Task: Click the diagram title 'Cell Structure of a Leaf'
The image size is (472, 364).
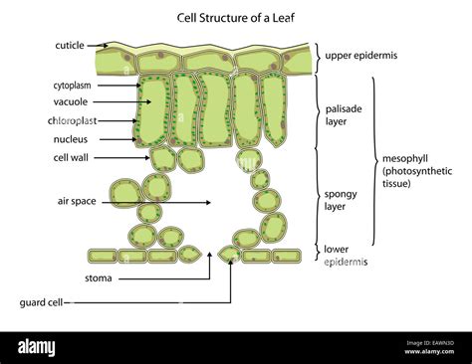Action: pos(236,18)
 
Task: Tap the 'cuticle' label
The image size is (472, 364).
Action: pos(70,45)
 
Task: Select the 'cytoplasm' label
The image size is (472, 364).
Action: pos(72,86)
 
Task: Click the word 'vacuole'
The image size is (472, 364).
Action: pos(71,101)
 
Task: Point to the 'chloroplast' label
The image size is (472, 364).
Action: pos(72,120)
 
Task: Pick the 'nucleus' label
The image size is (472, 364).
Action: pos(71,139)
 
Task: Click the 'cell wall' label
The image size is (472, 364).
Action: pos(71,157)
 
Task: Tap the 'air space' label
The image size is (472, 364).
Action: pos(77,201)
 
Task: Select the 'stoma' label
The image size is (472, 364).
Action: pos(99,278)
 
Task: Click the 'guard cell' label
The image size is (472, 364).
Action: pos(41,302)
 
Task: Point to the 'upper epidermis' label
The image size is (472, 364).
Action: pos(361,56)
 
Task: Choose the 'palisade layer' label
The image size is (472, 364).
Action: pos(344,115)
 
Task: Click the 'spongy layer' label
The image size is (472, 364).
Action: pos(341,200)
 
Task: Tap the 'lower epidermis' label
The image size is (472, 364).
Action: pos(346,256)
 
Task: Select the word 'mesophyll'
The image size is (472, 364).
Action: pos(405,159)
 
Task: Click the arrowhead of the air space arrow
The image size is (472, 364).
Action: pos(208,202)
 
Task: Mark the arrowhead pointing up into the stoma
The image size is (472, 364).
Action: pos(209,255)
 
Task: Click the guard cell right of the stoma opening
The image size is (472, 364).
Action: pos(228,255)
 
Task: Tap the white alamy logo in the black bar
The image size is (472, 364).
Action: pos(37,348)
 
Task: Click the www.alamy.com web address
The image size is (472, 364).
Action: pos(429,352)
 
